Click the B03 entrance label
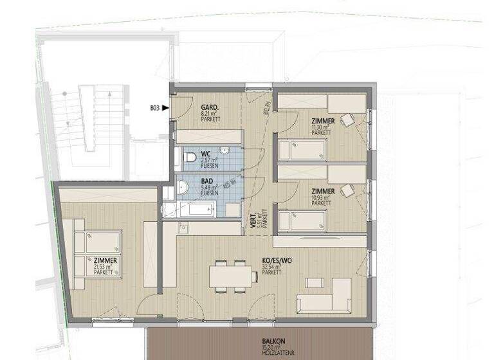[154, 108]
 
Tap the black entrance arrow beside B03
[166, 108]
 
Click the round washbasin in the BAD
[183, 188]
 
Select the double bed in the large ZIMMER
[97, 253]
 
